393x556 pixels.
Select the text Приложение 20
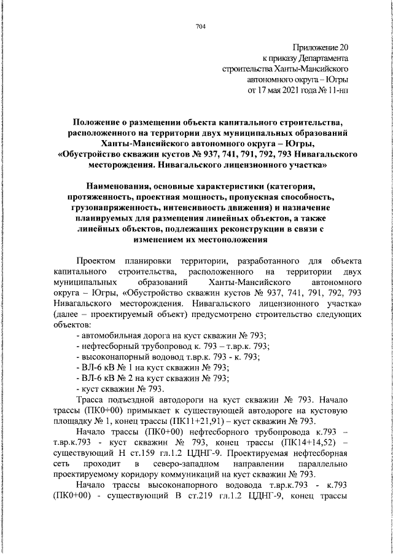coord(320,47)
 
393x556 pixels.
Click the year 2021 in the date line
coord(293,91)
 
